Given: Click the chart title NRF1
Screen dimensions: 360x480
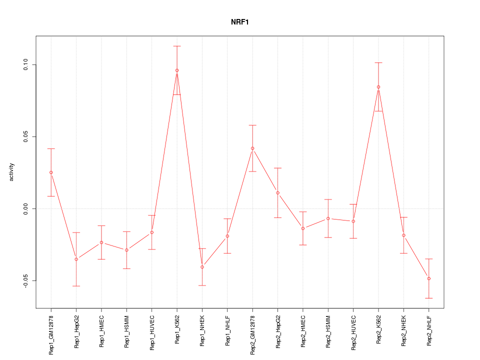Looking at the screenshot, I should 240,22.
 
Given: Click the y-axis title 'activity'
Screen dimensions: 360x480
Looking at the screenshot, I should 12,172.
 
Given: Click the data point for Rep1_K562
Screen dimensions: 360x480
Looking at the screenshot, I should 177,70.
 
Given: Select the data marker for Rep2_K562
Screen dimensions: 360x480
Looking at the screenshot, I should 378,87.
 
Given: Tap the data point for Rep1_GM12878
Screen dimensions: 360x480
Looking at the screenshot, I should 51,172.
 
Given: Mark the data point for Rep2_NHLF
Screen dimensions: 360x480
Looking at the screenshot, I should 429,278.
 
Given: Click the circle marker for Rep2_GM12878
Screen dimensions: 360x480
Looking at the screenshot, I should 252,148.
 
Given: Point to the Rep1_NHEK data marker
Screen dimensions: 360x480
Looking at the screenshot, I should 202,267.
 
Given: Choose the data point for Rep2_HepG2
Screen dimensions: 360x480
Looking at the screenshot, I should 277,193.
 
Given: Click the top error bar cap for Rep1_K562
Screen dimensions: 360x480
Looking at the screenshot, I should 177,46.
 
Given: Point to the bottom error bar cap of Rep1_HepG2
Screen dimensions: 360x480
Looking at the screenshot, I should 76,286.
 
